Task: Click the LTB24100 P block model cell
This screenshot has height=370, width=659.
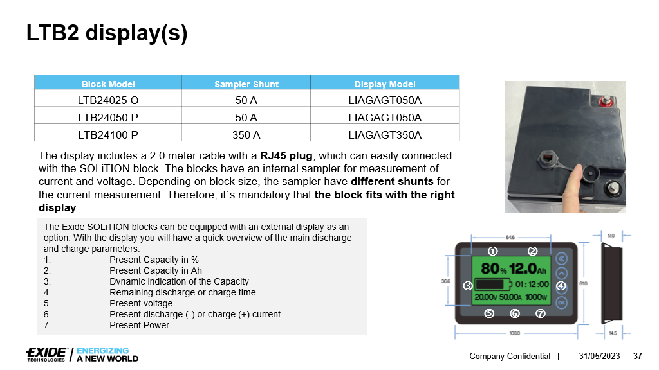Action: (108, 135)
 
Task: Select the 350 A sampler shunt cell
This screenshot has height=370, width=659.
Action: (246, 135)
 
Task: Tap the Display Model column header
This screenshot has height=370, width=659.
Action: (385, 84)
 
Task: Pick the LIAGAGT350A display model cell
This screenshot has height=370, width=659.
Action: (385, 135)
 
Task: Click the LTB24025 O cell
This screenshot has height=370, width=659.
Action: (108, 100)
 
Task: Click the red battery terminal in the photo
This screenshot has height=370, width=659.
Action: (605, 101)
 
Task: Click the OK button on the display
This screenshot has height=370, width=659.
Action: (561, 302)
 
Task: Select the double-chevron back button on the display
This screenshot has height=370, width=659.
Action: (561, 258)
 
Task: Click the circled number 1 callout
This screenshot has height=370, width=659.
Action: (493, 251)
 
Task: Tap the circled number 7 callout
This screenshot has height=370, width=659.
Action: (540, 313)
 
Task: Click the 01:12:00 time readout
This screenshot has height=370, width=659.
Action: (532, 284)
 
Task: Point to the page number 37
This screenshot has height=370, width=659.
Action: (638, 356)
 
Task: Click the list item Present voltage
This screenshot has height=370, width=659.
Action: (141, 303)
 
